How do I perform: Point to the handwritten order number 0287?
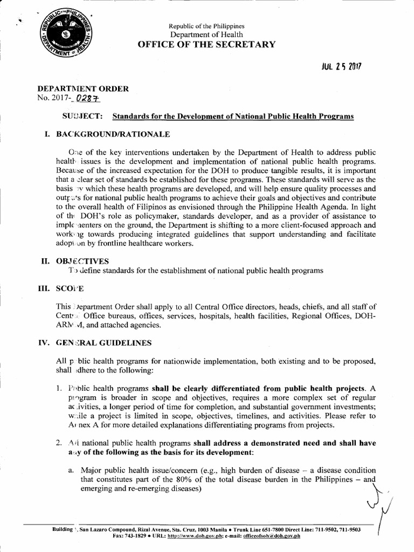pos(89,99)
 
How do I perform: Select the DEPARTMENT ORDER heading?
pos(82,89)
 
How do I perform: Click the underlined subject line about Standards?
pos(232,116)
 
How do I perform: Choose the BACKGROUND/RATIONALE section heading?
pos(113,134)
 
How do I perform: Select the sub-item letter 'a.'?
pos(71,471)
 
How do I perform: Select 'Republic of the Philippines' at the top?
pos(206,26)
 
